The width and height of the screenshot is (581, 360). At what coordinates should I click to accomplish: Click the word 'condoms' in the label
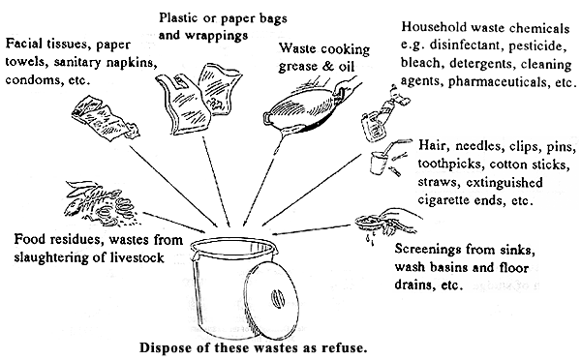(34, 81)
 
